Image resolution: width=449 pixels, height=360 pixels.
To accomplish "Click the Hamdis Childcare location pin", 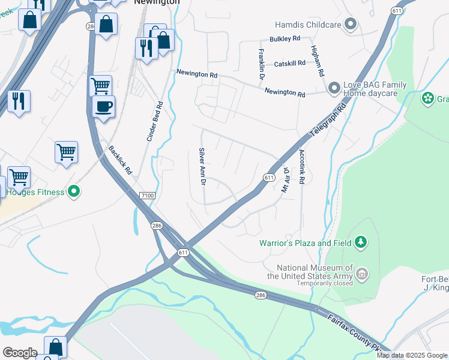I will tap(351, 25).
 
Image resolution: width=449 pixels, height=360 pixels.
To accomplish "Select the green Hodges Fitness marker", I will tap(74, 192).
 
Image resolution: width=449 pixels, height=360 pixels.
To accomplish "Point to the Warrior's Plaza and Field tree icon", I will tap(361, 243).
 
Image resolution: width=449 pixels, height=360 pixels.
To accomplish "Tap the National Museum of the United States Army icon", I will tap(361, 274).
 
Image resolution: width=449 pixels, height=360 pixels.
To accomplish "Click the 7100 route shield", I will tap(146, 196).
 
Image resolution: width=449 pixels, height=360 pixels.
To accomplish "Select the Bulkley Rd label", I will tap(285, 39).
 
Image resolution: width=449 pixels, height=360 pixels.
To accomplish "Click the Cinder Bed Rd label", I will tap(155, 121).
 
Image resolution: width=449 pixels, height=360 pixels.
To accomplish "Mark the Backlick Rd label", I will tap(121, 160).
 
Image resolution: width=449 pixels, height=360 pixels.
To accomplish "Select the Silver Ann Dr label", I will tap(202, 166).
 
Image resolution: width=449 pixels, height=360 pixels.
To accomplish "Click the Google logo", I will tap(20, 353).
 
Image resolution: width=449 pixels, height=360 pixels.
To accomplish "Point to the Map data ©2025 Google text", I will tap(412, 355).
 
